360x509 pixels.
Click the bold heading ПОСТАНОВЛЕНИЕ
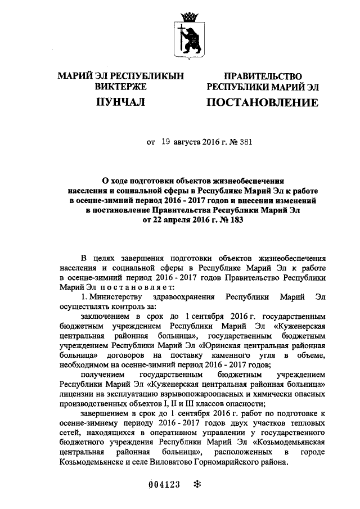[x=262, y=102]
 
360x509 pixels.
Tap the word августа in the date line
[x=189, y=143]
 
